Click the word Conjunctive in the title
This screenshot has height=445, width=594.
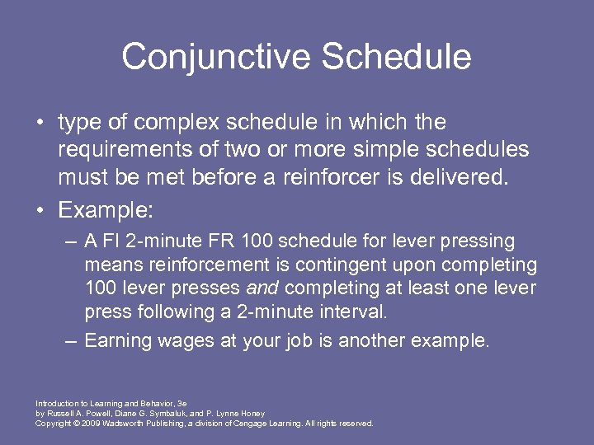click(x=215, y=57)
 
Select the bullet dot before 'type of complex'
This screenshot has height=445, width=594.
click(x=40, y=124)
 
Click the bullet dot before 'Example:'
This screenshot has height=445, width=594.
click(x=40, y=210)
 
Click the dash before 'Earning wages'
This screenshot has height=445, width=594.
click(x=71, y=340)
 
